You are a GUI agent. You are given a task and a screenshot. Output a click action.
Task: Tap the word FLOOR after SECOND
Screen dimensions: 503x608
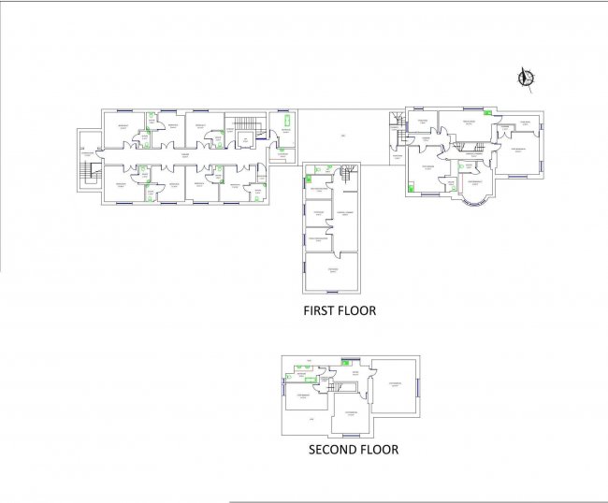pos(381,450)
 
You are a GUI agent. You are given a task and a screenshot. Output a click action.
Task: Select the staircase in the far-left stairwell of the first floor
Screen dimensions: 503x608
pos(90,172)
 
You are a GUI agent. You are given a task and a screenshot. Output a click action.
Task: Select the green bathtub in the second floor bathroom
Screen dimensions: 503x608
pos(304,382)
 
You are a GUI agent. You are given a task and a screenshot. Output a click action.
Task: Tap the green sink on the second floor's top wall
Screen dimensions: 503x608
pos(346,361)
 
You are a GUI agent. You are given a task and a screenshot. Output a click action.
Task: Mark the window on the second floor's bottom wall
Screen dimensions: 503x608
pos(352,438)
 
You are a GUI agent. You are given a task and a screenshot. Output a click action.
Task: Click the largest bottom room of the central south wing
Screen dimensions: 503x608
pos(331,270)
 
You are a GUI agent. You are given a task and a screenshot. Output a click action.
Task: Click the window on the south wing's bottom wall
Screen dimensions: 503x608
pos(331,293)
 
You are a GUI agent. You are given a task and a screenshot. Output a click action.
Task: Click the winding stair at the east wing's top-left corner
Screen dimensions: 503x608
pos(398,122)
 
